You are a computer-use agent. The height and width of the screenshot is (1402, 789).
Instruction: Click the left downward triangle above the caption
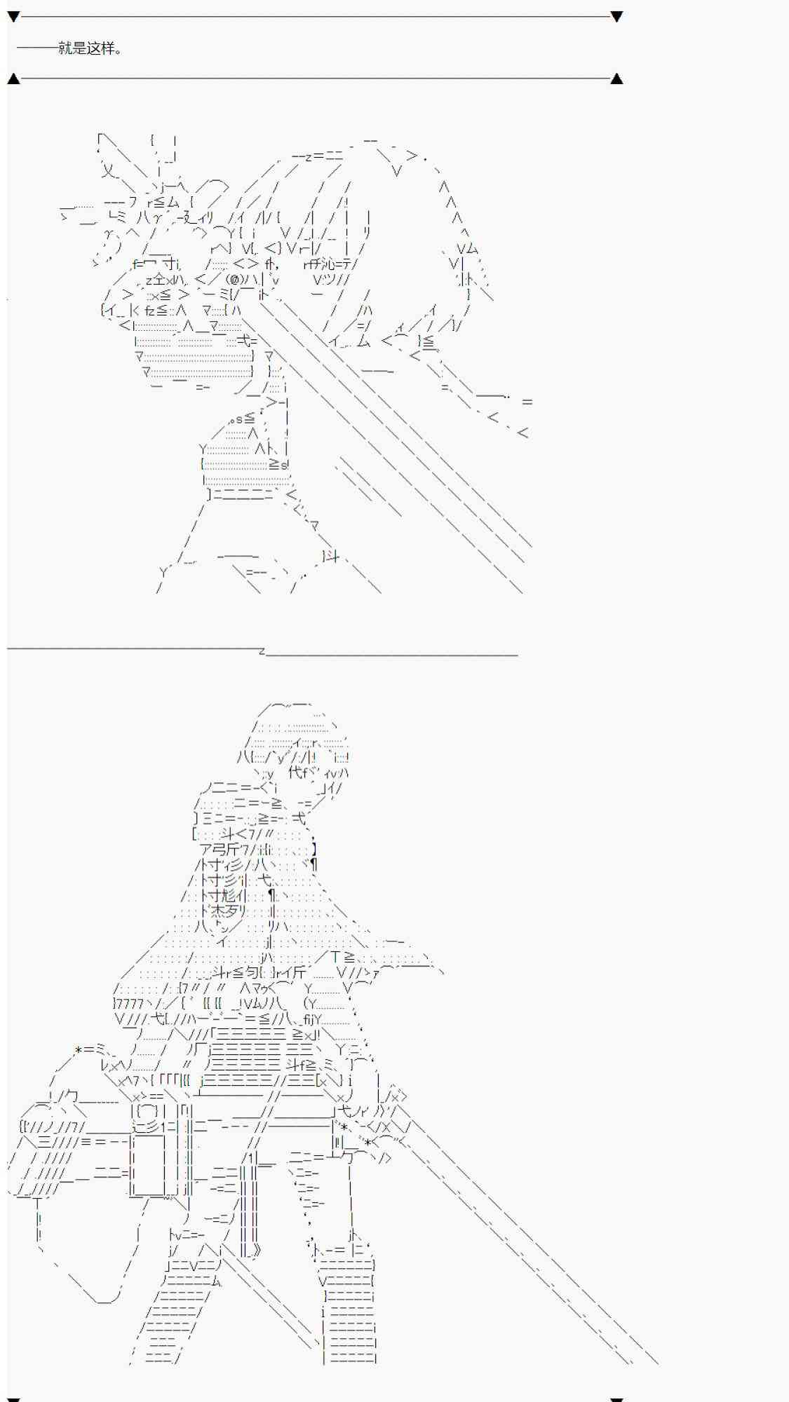click(x=13, y=16)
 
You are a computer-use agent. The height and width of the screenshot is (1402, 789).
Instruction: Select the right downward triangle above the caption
click(x=616, y=16)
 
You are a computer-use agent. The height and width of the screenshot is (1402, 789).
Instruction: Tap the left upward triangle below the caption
click(x=13, y=79)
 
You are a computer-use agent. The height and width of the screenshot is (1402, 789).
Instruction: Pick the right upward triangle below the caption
click(x=616, y=79)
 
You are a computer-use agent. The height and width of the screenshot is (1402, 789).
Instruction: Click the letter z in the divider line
click(x=262, y=651)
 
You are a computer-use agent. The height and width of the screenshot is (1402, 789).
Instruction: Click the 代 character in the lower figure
click(x=295, y=773)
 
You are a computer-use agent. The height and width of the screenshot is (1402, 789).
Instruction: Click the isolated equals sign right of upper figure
click(x=527, y=402)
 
